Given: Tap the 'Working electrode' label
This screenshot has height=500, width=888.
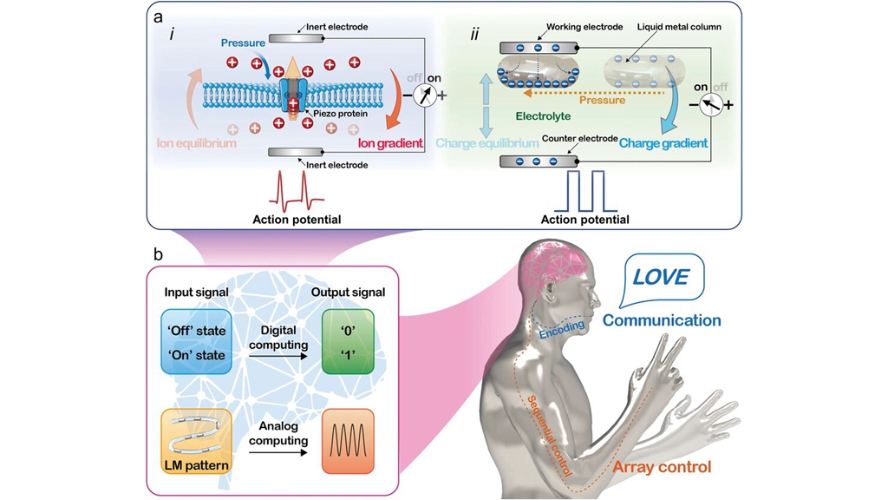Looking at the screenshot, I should [584, 27].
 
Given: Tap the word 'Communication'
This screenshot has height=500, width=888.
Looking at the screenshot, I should [662, 320].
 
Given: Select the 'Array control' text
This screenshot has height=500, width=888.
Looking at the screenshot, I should [659, 470].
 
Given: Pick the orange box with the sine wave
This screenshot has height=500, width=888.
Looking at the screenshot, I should [347, 440].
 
